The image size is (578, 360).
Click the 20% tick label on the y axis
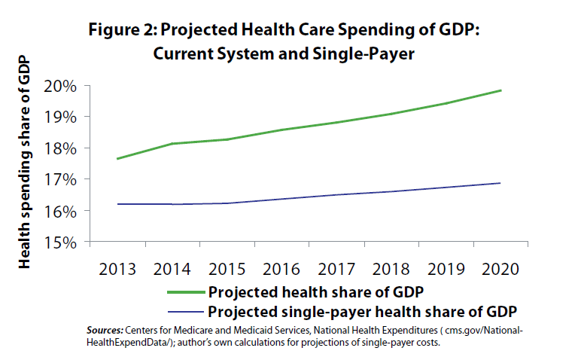(x=64, y=85)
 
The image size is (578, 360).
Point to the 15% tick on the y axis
(x=64, y=243)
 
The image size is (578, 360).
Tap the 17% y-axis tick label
(x=64, y=179)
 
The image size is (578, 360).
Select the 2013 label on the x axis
(x=117, y=270)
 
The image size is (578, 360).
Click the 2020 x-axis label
(x=501, y=270)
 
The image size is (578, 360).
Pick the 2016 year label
(x=281, y=270)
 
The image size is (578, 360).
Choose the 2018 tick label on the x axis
(x=391, y=270)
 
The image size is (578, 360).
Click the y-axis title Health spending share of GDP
(x=25, y=161)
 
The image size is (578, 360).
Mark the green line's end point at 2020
(x=501, y=90)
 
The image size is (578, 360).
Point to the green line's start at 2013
(x=117, y=159)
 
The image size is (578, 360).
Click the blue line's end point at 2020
(x=501, y=183)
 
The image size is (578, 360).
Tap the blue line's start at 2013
(x=117, y=204)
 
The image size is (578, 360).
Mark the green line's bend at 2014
(x=172, y=144)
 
